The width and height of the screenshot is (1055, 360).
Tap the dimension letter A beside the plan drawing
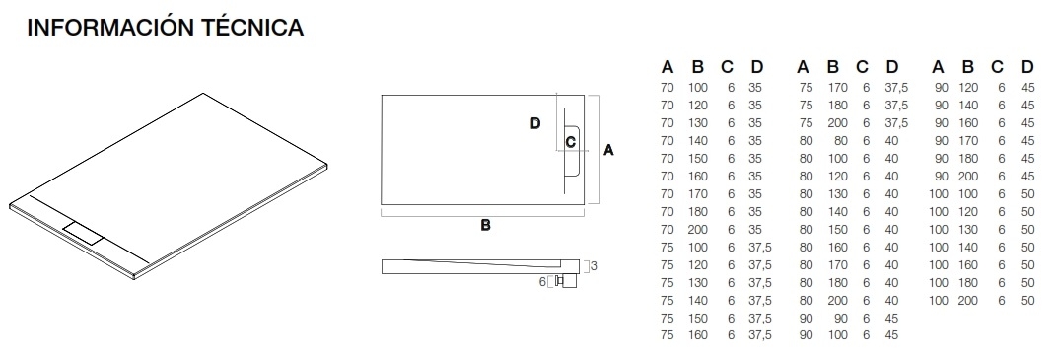click(x=608, y=150)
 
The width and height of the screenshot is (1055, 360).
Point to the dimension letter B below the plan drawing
click(x=485, y=225)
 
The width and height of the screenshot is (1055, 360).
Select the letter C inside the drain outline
click(x=570, y=142)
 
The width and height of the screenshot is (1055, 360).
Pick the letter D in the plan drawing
click(x=535, y=123)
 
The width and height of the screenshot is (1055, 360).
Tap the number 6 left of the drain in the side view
click(x=542, y=281)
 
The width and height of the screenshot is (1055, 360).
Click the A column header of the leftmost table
click(x=668, y=68)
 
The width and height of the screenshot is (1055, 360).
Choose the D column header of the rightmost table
click(x=1027, y=68)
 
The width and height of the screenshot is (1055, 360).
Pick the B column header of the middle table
click(x=832, y=68)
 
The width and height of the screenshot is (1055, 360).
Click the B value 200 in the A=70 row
click(x=697, y=229)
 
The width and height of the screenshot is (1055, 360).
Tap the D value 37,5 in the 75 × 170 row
click(x=895, y=88)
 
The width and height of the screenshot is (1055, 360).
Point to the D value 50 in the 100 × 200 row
click(x=1028, y=300)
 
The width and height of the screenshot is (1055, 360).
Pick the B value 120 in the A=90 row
click(x=968, y=88)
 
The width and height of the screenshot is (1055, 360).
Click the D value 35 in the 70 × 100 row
click(x=755, y=88)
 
